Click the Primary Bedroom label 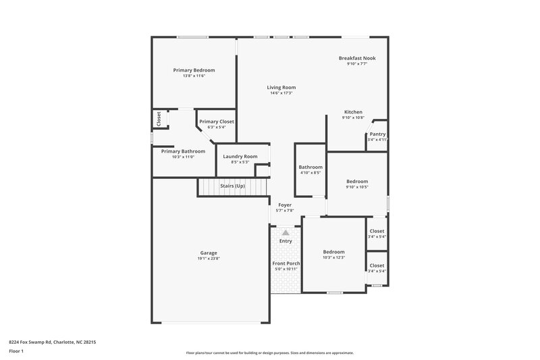coord(194,70)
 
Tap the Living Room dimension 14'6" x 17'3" coord(281,93)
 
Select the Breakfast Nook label coord(357,58)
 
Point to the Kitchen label coord(353,111)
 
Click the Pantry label coord(377,134)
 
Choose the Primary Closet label coord(216,122)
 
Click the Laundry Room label coord(240,156)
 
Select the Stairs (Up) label coord(232,186)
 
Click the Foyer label coord(284,205)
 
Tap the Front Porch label coord(286,263)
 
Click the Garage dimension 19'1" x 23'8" coord(209,258)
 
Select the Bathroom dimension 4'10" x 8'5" coord(310,173)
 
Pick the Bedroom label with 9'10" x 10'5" coord(357,181)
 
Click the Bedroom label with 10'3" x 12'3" coord(333,252)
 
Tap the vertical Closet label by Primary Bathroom coord(159,119)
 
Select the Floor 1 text coord(16,352)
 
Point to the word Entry coord(286,241)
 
